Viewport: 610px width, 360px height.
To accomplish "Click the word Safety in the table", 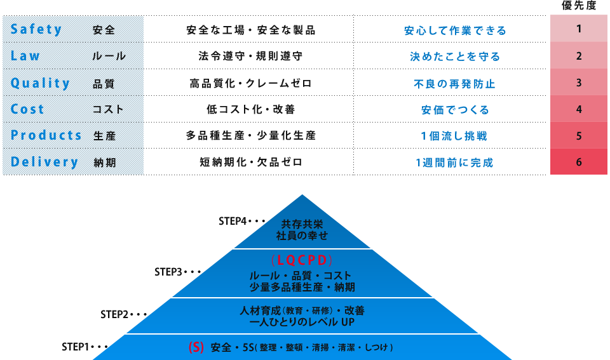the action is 36,29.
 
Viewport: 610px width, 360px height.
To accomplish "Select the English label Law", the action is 25,56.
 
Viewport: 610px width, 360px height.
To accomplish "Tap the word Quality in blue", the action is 40,83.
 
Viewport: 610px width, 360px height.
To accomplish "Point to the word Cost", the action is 27,109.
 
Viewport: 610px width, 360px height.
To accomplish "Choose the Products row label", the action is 46,135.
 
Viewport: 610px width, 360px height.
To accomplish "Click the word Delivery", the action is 44,162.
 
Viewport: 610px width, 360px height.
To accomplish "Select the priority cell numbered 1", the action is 578,29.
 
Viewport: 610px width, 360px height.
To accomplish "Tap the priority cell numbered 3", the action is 578,83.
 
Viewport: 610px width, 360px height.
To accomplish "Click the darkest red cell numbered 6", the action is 578,162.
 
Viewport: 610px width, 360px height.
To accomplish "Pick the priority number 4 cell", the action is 578,109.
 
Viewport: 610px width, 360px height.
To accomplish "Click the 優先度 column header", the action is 579,6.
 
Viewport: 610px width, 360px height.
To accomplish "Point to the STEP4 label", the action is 233,221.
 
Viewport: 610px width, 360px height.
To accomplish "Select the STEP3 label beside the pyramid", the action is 168,272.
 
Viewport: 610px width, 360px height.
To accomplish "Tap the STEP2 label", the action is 114,314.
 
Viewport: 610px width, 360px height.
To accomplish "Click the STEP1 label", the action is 76,347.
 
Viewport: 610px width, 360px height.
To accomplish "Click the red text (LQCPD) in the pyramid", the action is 302,260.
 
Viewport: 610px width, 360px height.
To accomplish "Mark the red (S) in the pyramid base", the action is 196,347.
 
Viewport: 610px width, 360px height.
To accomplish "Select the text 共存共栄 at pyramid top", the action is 302,224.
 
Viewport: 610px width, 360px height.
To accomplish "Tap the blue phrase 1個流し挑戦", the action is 454,136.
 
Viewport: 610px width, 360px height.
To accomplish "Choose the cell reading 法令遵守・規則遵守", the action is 250,57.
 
